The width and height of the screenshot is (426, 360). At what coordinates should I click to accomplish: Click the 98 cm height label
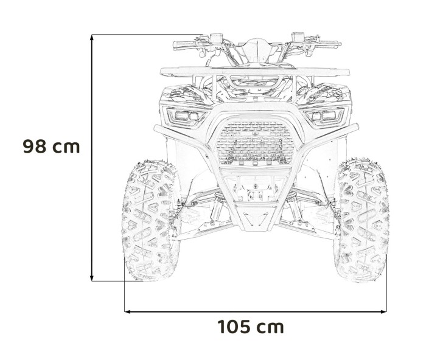(x=51, y=147)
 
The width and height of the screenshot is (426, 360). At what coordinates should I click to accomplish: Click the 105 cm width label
(x=251, y=327)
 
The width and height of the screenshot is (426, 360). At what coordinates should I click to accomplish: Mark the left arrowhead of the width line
(x=128, y=311)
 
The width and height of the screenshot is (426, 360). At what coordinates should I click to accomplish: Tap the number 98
(x=35, y=147)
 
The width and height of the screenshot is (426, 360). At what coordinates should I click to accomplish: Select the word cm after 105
(x=270, y=327)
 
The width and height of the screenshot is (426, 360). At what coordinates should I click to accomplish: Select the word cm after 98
(x=66, y=147)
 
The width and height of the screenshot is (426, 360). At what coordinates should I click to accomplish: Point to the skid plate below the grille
(x=251, y=216)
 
